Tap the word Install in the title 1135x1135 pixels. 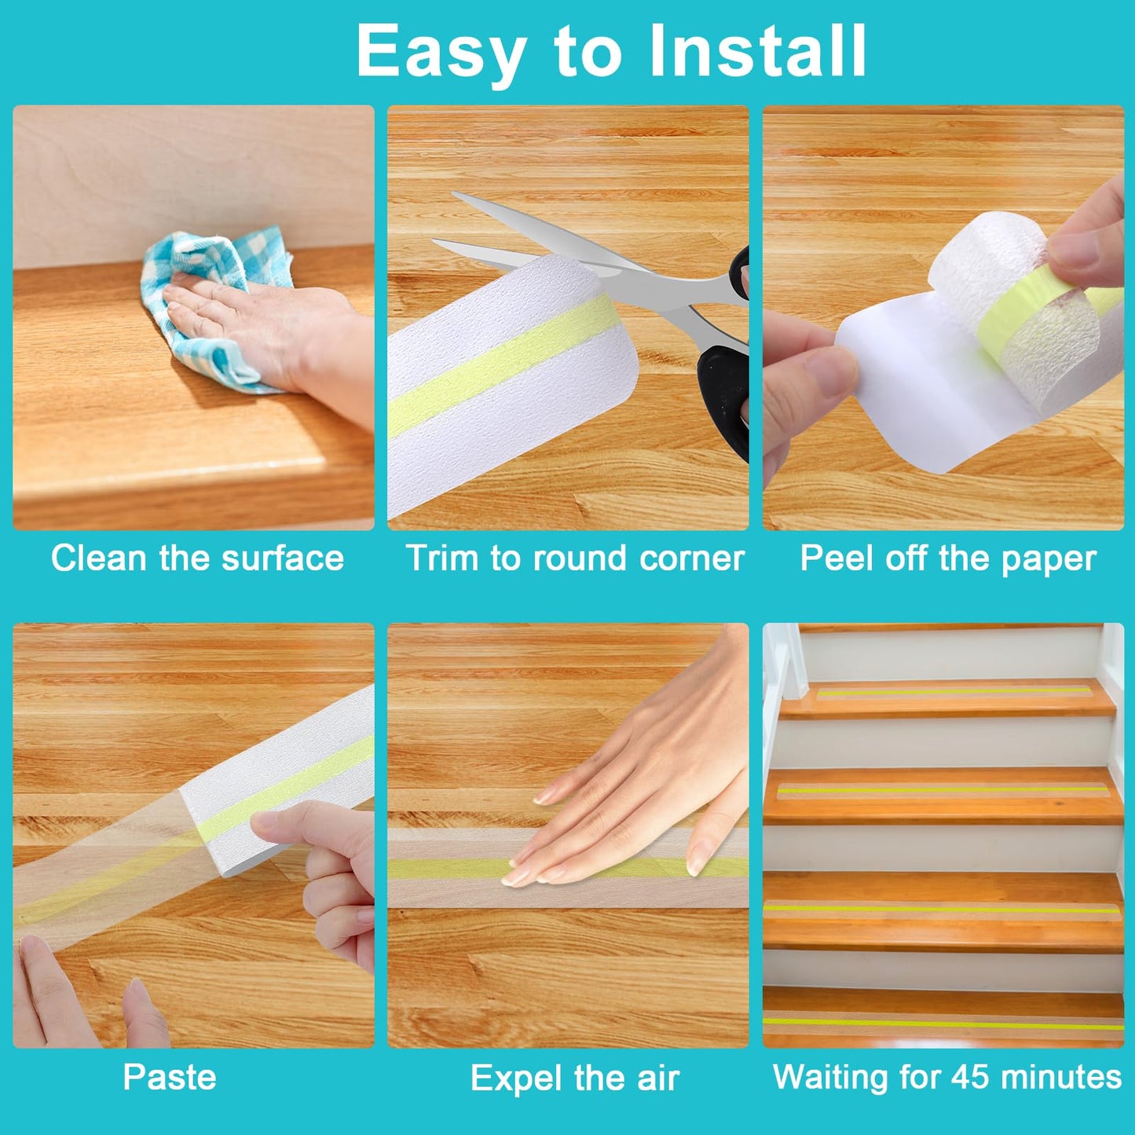(757, 49)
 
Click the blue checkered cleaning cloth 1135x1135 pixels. (212, 306)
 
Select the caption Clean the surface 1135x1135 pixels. (197, 558)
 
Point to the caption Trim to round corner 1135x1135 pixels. (575, 558)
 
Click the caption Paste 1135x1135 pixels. (170, 1078)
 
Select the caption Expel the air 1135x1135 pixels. (575, 1078)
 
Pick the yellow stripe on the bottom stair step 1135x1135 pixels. (943, 1023)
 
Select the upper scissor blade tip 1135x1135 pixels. (453, 194)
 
